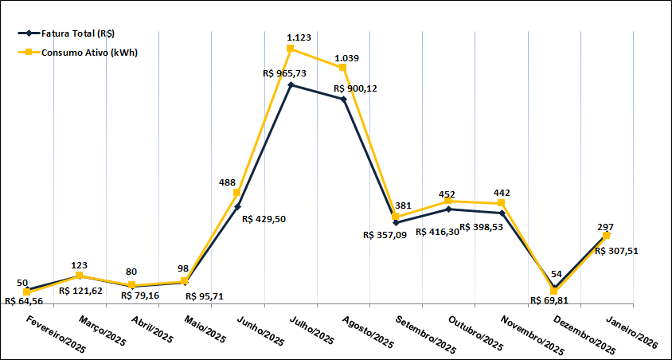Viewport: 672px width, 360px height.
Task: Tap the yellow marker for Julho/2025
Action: coord(291,49)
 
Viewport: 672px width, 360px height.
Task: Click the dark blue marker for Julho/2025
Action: coord(291,84)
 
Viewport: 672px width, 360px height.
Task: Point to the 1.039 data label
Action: coord(346,58)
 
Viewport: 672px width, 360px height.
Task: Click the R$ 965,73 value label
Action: coord(285,72)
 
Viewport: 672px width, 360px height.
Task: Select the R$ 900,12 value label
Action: coord(356,88)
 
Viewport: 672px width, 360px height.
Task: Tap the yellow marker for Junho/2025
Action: coord(237,193)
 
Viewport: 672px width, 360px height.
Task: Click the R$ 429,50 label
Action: coord(268,219)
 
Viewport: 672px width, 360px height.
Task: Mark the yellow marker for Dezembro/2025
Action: coord(554,292)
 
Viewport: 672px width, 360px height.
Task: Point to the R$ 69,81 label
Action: coord(552,301)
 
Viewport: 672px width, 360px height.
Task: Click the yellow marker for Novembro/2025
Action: coord(502,204)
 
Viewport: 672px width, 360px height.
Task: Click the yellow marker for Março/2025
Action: coord(79,276)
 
